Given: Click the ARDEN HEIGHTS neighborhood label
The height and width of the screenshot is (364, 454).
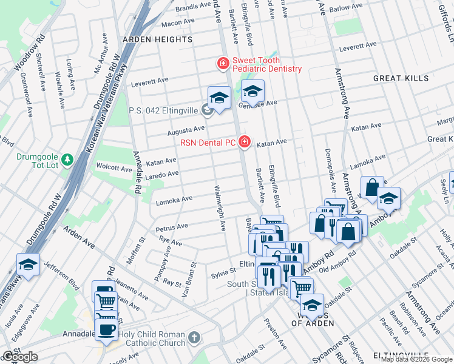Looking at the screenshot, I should click(x=157, y=39).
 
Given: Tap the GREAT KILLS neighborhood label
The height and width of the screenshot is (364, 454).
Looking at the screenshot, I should click(x=401, y=78).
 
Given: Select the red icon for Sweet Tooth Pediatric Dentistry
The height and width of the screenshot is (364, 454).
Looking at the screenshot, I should click(x=223, y=63).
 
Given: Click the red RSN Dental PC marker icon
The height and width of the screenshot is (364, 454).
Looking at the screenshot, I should click(x=245, y=142).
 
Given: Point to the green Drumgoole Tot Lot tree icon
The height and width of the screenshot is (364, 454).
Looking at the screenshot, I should click(x=69, y=160).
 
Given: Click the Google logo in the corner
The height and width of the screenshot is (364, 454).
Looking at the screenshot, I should click(x=20, y=357).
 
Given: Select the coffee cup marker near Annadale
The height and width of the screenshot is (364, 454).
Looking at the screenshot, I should click(x=106, y=329).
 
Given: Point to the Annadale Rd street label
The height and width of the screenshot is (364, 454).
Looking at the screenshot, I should click(x=138, y=172).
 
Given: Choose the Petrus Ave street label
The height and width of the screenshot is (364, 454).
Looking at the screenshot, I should click(x=172, y=227).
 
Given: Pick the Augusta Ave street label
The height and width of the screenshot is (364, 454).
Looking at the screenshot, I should click(x=186, y=130).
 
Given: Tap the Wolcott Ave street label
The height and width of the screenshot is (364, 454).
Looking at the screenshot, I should click(x=113, y=167).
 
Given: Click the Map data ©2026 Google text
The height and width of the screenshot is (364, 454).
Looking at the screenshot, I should click(x=416, y=359).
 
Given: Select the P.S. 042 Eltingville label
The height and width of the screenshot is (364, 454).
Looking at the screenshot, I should click(x=164, y=111).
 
